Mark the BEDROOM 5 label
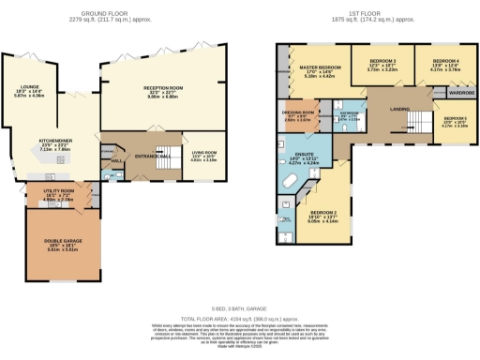click(454, 119)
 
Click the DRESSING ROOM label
click(298, 114)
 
